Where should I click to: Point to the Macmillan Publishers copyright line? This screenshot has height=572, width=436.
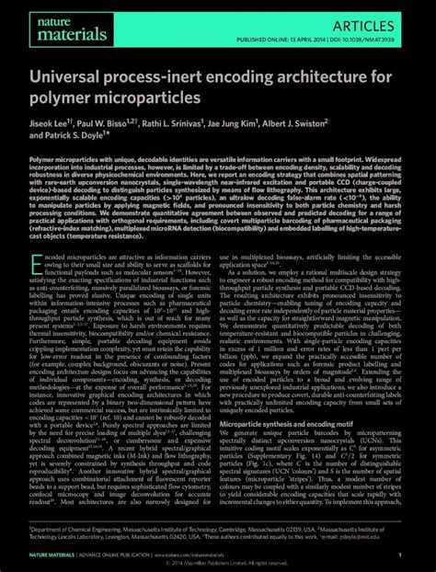pyautogui.click(x=218, y=566)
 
